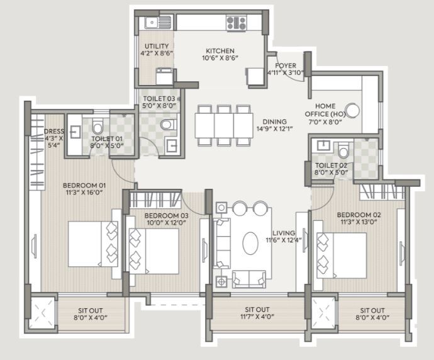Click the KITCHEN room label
(x=220, y=51)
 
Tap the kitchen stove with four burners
(x=236, y=23)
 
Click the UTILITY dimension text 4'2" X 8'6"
(x=157, y=53)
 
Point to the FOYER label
(x=286, y=66)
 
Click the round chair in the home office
(x=353, y=111)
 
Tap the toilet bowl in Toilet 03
(x=169, y=125)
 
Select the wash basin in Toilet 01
(x=74, y=132)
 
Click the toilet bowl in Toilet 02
(x=343, y=150)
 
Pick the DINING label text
(x=275, y=121)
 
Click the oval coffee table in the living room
(x=250, y=243)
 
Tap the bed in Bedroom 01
(x=93, y=244)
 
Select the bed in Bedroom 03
(x=154, y=251)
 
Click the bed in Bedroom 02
(x=342, y=256)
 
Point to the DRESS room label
(x=54, y=132)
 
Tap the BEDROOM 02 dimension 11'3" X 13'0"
(x=359, y=222)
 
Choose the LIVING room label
(x=284, y=233)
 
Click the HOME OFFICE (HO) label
(x=325, y=110)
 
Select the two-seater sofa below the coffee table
(x=249, y=279)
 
